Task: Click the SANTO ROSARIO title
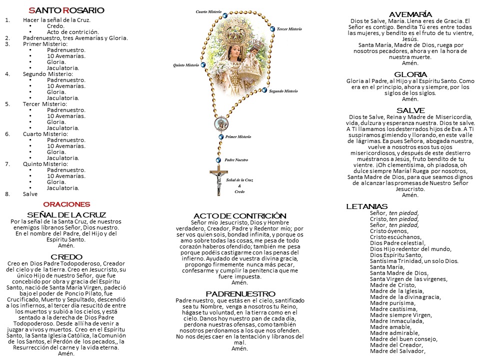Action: [66, 10]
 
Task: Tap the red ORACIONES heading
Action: [66, 204]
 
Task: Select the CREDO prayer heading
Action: [66, 256]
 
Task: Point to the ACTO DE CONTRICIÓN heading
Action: [240, 215]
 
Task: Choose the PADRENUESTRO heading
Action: [240, 293]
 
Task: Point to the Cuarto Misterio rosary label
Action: [209, 11]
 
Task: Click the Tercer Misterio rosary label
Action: [289, 29]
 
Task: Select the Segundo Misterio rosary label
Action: [283, 91]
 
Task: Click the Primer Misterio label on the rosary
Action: [238, 136]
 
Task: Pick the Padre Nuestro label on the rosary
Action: [236, 160]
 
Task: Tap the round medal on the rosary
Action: [220, 123]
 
